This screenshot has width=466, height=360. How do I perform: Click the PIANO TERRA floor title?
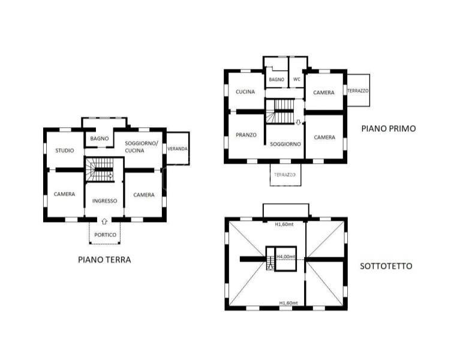click(104, 260)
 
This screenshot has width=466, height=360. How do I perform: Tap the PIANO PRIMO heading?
click(389, 128)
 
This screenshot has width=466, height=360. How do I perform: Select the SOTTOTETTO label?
click(386, 266)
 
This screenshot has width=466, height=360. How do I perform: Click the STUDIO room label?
click(65, 151)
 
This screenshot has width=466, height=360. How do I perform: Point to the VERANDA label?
click(178, 149)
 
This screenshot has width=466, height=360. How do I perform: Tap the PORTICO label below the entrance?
click(105, 235)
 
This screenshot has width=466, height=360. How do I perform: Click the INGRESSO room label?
click(104, 201)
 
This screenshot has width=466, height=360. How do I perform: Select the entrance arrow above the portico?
click(104, 221)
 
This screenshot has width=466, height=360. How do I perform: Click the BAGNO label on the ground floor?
click(100, 139)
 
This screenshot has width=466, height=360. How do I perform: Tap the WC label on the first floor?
click(297, 79)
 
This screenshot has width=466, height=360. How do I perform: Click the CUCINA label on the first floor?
click(245, 92)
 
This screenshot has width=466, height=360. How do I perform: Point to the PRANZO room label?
click(246, 135)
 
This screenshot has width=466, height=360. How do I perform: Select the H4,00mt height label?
click(286, 257)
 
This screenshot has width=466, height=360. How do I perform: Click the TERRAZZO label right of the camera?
click(358, 91)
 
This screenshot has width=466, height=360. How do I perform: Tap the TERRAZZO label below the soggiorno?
click(285, 175)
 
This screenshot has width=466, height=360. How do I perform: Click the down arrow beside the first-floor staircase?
click(298, 122)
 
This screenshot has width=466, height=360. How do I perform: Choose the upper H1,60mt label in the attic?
click(284, 224)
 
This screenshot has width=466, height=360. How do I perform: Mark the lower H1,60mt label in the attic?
click(288, 303)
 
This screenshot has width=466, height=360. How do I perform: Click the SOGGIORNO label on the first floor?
click(285, 144)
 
